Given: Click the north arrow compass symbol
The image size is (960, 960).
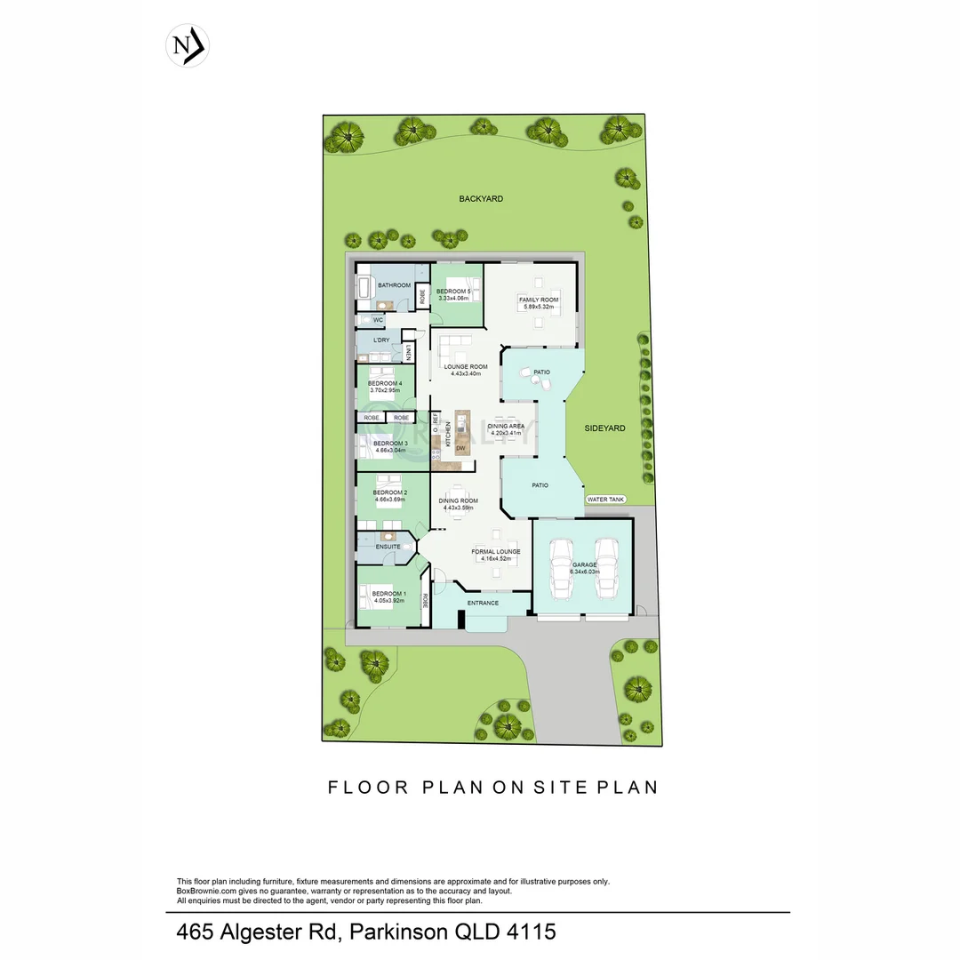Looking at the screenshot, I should (x=188, y=46).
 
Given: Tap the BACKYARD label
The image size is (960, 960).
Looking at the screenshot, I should (x=481, y=199).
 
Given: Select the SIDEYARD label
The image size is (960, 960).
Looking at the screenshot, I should (x=605, y=428).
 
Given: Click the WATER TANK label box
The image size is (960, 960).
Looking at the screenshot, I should (x=606, y=500).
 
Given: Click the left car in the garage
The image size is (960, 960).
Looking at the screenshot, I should (x=560, y=569).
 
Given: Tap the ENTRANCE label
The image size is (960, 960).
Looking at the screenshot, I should (x=483, y=604).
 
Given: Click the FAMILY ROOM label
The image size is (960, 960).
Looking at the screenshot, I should (x=539, y=300).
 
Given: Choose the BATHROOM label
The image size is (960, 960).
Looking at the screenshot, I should (x=394, y=285).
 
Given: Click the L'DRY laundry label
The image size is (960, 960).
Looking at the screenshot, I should (x=380, y=340).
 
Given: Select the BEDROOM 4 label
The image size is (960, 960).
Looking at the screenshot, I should (x=385, y=384).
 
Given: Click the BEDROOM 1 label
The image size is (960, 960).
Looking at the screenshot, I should (x=388, y=594).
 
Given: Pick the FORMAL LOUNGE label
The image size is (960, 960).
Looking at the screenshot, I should (x=495, y=552).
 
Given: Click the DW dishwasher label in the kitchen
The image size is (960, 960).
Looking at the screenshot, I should (x=460, y=448).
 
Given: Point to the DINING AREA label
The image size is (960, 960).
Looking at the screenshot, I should (x=507, y=427).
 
